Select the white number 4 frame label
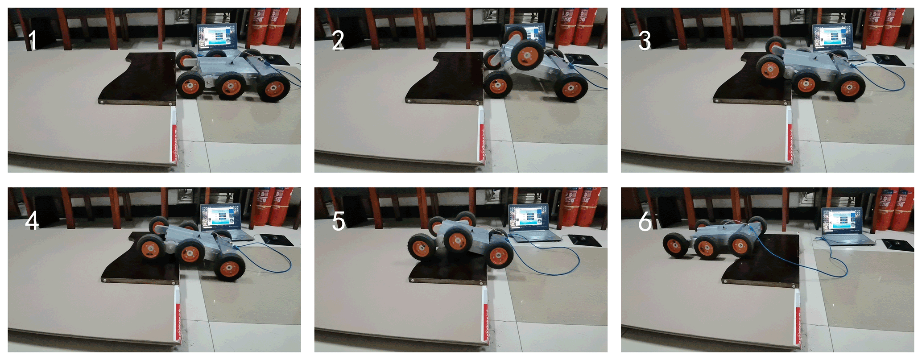coord(32,221)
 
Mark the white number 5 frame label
coord(339,221)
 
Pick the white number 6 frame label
coord(645,221)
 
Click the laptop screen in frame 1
coord(217,37)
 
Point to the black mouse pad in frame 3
coord(889,60)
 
